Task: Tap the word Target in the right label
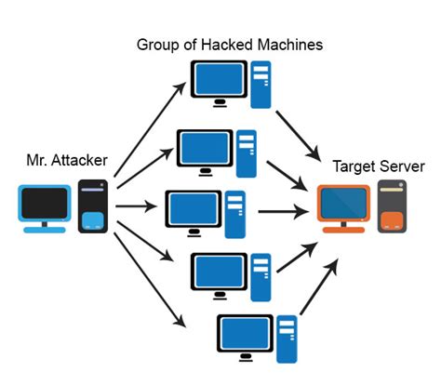(x=354, y=167)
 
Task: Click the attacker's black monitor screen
(x=44, y=202)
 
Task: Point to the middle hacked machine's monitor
(x=192, y=208)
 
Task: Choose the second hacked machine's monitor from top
(x=204, y=147)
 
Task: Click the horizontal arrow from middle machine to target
(x=283, y=210)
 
